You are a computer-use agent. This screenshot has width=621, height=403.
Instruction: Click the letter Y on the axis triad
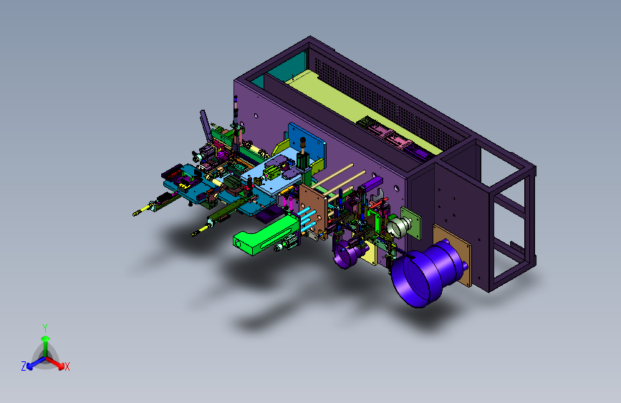tap(45, 328)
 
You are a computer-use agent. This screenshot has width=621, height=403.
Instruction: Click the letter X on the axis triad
tap(67, 367)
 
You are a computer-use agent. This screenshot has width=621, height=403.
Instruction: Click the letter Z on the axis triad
tap(24, 366)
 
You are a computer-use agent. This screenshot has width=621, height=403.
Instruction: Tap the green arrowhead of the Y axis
tap(46, 338)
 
